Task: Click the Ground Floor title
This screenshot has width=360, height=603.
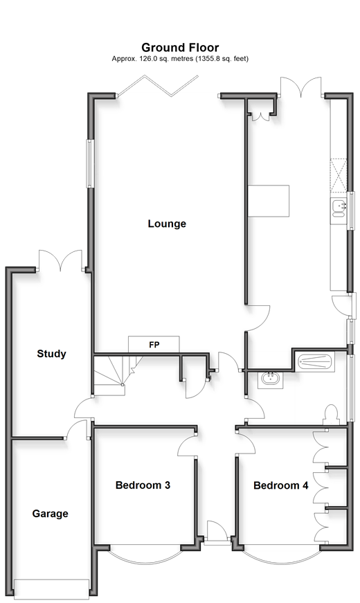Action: (x=180, y=48)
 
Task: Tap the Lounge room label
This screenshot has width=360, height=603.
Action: (x=167, y=224)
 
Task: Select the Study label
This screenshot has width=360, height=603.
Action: (x=51, y=354)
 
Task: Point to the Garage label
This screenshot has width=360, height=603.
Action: (x=50, y=514)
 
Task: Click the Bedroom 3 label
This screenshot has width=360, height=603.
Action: (x=143, y=485)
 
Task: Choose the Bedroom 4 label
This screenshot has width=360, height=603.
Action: (x=281, y=485)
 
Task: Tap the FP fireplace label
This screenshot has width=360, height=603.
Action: (x=154, y=345)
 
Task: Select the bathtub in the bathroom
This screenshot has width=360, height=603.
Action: (x=315, y=361)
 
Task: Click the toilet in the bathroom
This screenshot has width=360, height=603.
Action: (x=331, y=415)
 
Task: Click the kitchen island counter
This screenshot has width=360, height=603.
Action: (x=269, y=201)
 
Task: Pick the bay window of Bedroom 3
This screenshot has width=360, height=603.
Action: (x=145, y=553)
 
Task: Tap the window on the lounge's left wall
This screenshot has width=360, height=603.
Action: (x=90, y=163)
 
